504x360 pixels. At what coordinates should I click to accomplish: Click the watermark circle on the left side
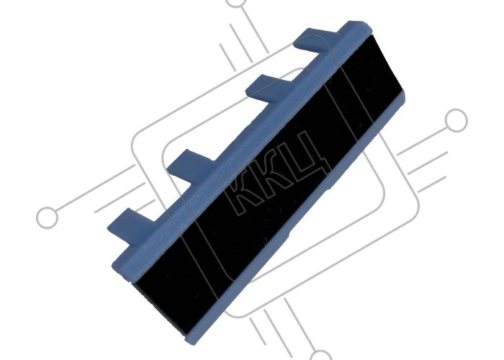48,217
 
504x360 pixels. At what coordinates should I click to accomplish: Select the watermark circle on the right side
456,120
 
